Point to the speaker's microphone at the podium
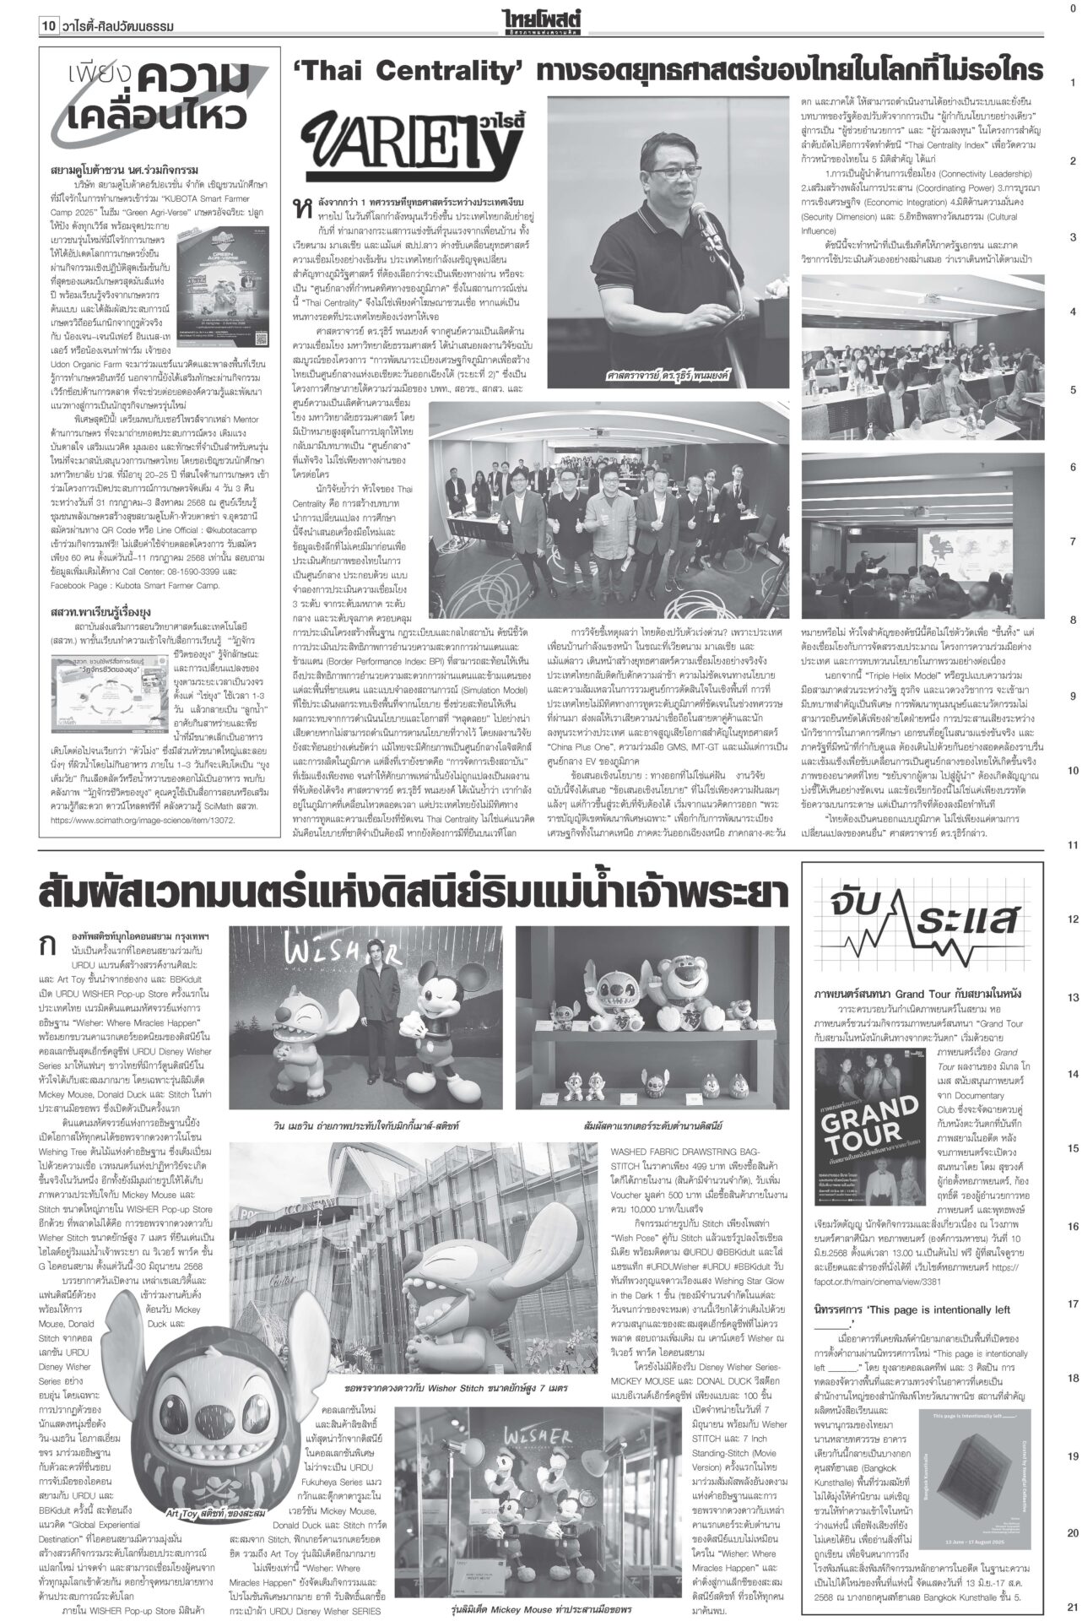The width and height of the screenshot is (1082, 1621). pyautogui.click(x=701, y=211)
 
